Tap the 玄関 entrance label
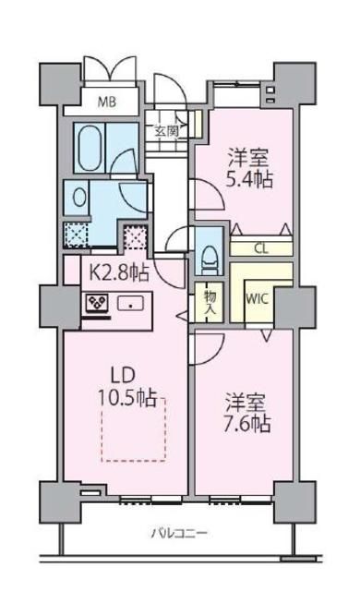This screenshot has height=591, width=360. [166, 131]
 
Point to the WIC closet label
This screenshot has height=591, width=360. [256, 298]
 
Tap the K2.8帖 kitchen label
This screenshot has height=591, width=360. [117, 271]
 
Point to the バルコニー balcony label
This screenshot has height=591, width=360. [180, 534]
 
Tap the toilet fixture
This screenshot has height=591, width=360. [208, 248]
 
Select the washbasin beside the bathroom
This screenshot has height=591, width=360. [78, 197]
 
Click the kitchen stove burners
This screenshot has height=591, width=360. [97, 303]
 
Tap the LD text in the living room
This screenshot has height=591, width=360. [126, 376]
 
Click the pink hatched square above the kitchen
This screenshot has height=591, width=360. [136, 238]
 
